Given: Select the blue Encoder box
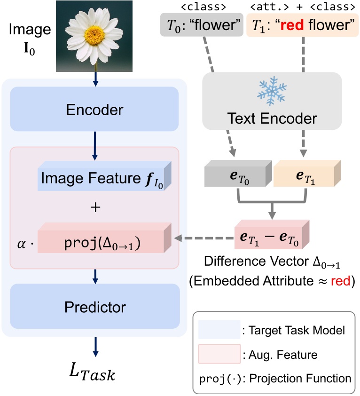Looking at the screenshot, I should point(95,110).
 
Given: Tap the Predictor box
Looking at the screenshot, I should point(95,308).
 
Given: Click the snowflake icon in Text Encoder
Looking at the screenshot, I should point(268,92).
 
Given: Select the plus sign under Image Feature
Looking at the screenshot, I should point(95,207).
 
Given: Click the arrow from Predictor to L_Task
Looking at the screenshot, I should point(95,346).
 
